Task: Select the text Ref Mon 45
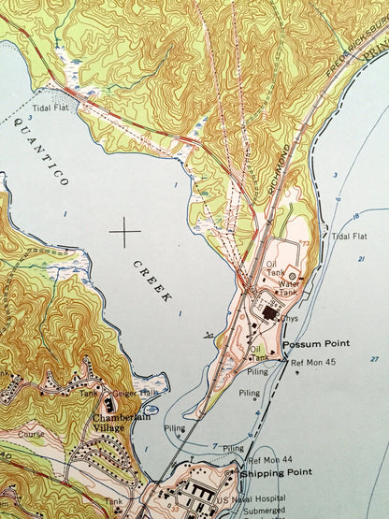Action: pyautogui.click(x=312, y=362)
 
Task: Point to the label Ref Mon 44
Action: pyautogui.click(x=268, y=460)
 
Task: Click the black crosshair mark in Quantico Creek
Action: pyautogui.click(x=124, y=227)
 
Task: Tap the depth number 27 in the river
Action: pyautogui.click(x=374, y=359)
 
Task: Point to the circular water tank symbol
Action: pyautogui.click(x=294, y=277)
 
